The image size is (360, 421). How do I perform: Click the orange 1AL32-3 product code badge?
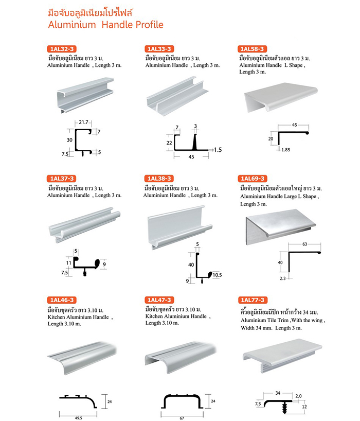[x=62, y=49]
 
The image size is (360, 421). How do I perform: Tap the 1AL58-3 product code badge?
[x=252, y=49]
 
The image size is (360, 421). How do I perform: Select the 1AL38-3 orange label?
[x=159, y=179]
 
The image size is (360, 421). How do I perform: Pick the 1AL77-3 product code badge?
[x=253, y=300]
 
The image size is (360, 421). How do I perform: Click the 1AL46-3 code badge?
[x=62, y=300]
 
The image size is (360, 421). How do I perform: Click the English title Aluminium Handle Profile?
[x=106, y=25]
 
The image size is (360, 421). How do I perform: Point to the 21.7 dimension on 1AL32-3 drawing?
[x=83, y=122]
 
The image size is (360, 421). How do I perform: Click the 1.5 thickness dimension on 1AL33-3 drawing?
[x=218, y=150]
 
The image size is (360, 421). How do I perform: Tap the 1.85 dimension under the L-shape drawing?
[x=286, y=150]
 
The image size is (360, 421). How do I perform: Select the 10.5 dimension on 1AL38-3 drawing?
[x=218, y=275]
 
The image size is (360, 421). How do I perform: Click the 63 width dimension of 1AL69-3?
[x=305, y=244]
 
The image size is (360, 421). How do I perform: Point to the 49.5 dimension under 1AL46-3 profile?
[x=78, y=418]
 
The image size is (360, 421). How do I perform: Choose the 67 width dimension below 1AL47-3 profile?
[x=182, y=418]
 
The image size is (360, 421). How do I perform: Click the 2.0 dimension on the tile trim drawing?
[x=298, y=396]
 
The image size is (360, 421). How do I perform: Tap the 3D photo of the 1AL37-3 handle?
[x=84, y=225]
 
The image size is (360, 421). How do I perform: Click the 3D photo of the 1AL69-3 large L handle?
[x=281, y=227]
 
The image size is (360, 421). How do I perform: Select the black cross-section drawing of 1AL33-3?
[x=191, y=142]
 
